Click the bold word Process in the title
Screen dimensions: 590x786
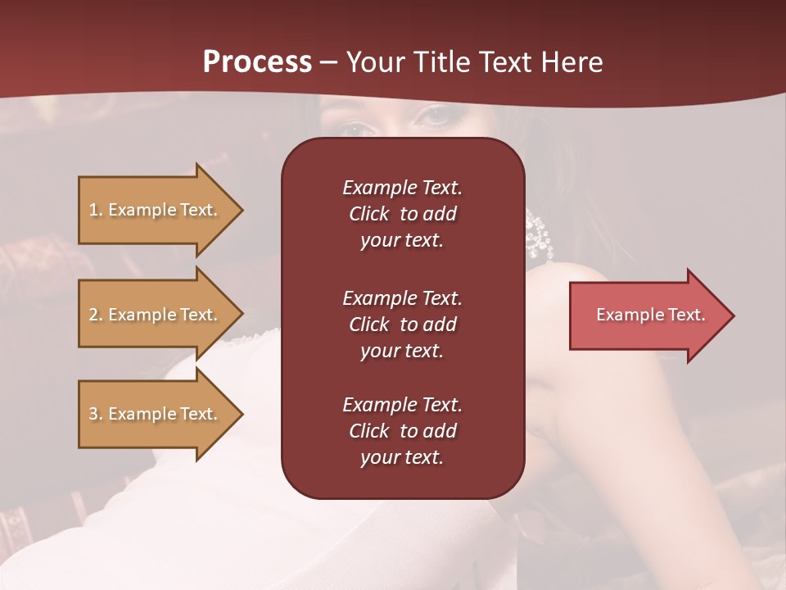[257, 62]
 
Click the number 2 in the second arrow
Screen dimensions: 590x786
[93, 315]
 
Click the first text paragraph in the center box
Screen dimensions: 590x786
[402, 214]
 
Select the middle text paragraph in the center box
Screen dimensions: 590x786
[402, 324]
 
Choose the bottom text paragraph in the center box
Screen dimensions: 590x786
[402, 431]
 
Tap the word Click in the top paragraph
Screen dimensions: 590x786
[368, 214]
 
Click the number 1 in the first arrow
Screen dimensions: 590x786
[93, 210]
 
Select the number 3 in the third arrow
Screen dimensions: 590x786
[93, 414]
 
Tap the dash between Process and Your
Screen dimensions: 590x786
[329, 63]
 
